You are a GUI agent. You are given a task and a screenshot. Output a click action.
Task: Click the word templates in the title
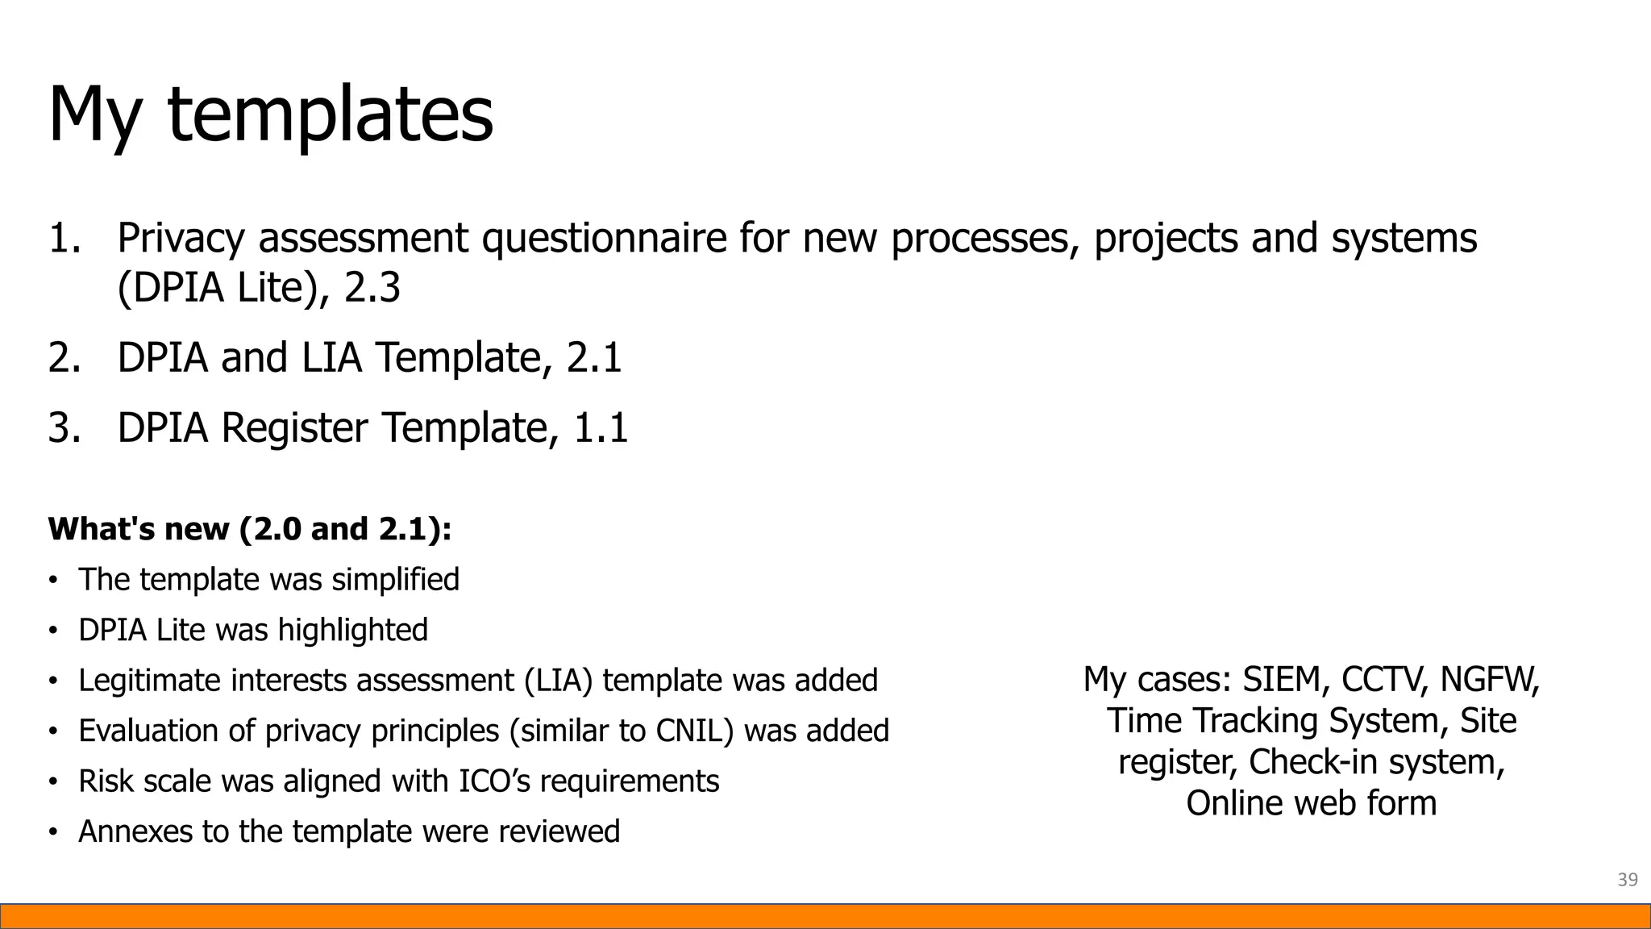coord(331,115)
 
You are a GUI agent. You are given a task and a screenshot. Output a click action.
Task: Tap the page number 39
coord(1628,879)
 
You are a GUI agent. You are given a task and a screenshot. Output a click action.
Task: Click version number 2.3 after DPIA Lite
coord(372,288)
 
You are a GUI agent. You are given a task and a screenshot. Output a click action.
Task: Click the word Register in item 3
coord(294,427)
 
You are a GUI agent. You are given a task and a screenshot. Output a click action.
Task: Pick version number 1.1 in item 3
coord(600,427)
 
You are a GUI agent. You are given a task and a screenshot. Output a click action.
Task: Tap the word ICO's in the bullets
coord(494,781)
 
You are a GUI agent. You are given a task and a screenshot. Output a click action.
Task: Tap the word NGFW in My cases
coord(1490,679)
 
